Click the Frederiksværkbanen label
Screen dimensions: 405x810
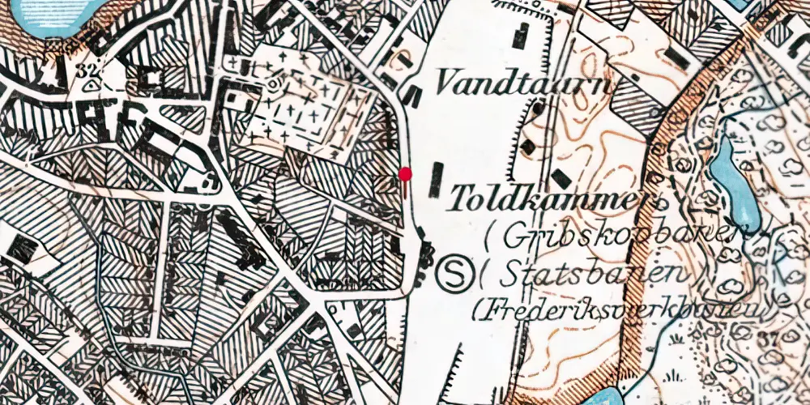(624, 309)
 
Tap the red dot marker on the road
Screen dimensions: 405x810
(405, 174)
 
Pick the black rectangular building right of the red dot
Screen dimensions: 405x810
(438, 180)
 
